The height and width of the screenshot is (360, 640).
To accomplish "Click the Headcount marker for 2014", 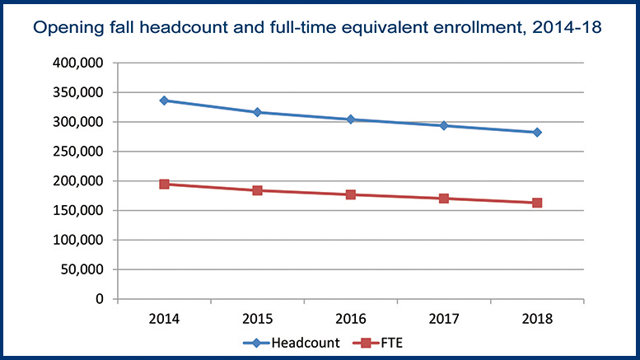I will [x=164, y=101].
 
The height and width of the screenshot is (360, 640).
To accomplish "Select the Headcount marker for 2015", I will [x=257, y=112].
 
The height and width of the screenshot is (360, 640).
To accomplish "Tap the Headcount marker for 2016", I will [x=351, y=119].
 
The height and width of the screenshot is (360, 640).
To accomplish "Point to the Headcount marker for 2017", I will [x=444, y=125].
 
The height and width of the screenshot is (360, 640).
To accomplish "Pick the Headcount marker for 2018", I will [x=537, y=132].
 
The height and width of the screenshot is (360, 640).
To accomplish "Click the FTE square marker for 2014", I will [x=164, y=184].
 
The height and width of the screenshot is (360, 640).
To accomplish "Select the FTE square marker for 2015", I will [x=257, y=190].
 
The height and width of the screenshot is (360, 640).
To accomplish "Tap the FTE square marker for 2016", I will [x=351, y=194].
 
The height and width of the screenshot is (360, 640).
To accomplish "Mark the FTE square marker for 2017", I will [x=444, y=199].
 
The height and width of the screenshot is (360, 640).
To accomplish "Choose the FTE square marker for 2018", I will [x=537, y=203].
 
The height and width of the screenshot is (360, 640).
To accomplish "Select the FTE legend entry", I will [x=381, y=342].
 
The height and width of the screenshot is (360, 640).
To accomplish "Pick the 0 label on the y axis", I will [x=100, y=299].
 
